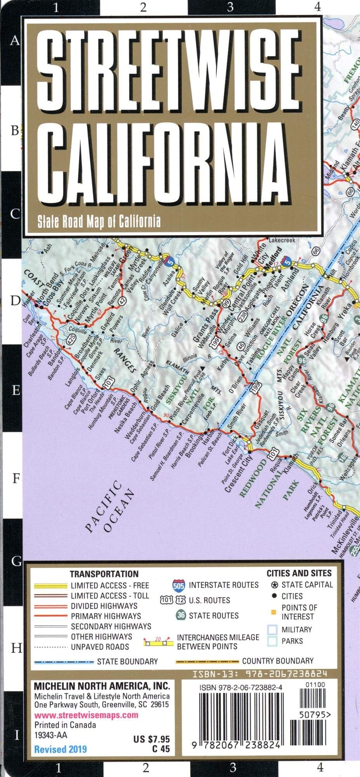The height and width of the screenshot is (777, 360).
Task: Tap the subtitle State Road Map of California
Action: tap(99, 221)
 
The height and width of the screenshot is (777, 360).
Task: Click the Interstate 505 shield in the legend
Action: tap(179, 585)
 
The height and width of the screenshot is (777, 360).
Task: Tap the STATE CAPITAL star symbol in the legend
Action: tap(274, 585)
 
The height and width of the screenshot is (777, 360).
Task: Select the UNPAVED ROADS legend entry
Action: tap(99, 647)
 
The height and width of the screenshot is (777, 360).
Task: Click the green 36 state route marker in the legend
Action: tap(181, 615)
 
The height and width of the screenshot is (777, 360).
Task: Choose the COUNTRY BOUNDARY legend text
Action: tap(277, 661)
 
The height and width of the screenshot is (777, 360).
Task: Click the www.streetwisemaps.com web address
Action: tap(86, 715)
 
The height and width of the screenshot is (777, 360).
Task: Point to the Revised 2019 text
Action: tap(61, 749)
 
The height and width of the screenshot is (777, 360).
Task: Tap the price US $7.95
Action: tap(151, 739)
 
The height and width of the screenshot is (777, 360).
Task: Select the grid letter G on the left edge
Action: tap(16, 561)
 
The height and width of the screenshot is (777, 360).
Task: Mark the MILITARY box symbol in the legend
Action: tap(272, 630)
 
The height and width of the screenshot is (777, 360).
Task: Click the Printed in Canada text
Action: tap(65, 725)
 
